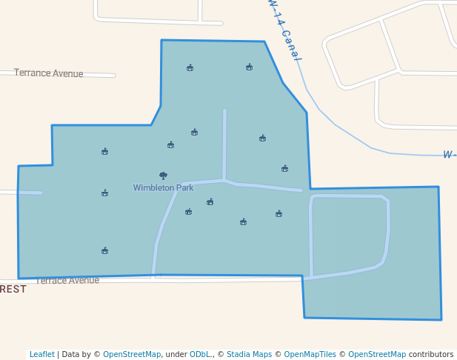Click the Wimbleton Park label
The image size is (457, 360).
(163, 187)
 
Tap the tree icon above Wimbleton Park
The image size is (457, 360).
(163, 176)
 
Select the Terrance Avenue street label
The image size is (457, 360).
(49, 73)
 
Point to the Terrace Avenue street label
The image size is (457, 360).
(67, 281)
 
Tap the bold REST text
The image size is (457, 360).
(13, 289)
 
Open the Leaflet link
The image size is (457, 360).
(41, 354)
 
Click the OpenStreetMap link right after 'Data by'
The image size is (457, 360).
(132, 354)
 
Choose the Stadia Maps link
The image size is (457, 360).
(249, 354)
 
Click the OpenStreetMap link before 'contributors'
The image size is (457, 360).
(377, 354)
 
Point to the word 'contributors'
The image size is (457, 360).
(431, 354)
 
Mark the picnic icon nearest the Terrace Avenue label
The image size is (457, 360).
(104, 251)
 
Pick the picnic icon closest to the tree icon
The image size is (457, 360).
(170, 145)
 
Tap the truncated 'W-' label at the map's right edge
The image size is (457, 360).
(449, 155)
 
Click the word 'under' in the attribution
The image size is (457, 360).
(176, 354)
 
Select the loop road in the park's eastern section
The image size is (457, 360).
(387, 230)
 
